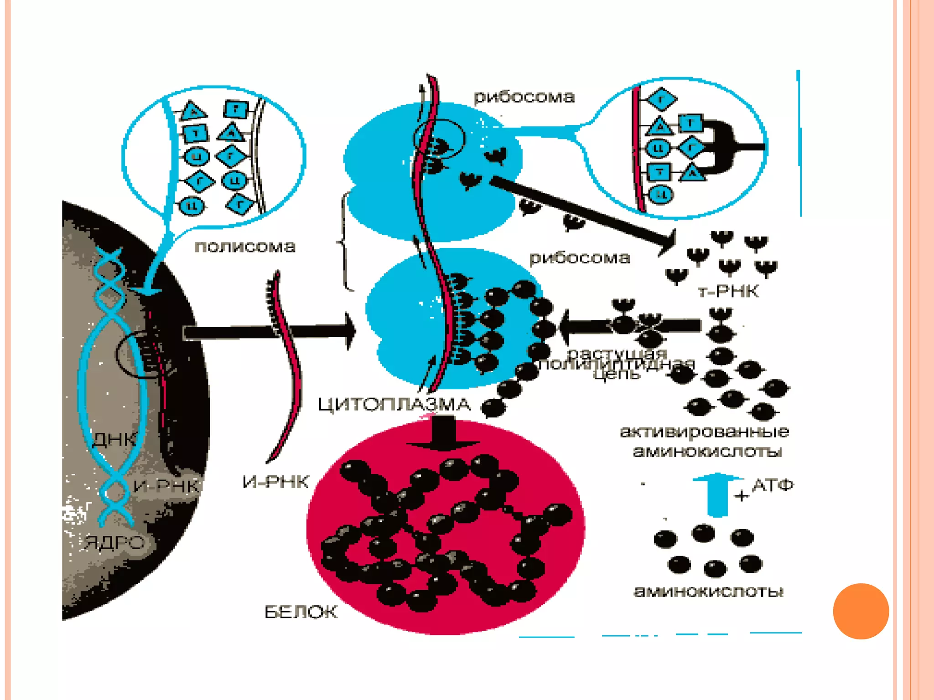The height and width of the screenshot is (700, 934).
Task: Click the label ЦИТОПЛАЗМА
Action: coord(394,404)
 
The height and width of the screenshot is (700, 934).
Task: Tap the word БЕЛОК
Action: coord(301,612)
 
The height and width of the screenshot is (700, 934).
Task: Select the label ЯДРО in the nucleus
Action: coord(115,542)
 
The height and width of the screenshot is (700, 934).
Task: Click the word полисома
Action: coord(245,247)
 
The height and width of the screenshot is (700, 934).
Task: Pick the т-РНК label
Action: coord(728,291)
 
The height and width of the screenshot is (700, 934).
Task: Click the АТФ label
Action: coord(773,485)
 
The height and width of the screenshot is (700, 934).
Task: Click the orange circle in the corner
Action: coord(861,611)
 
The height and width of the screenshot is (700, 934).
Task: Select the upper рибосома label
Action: coord(524,97)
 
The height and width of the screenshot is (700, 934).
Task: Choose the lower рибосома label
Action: coord(580,258)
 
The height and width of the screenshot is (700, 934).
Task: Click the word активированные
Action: coord(705,431)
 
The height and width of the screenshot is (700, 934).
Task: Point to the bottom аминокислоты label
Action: coord(709,592)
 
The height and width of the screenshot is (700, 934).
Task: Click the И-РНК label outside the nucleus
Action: coord(275,482)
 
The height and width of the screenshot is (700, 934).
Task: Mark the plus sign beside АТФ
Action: coord(742,495)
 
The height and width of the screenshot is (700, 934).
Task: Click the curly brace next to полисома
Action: coord(345,242)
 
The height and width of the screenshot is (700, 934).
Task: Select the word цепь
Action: coord(617,375)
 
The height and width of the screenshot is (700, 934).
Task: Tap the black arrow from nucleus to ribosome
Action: coord(269,332)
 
